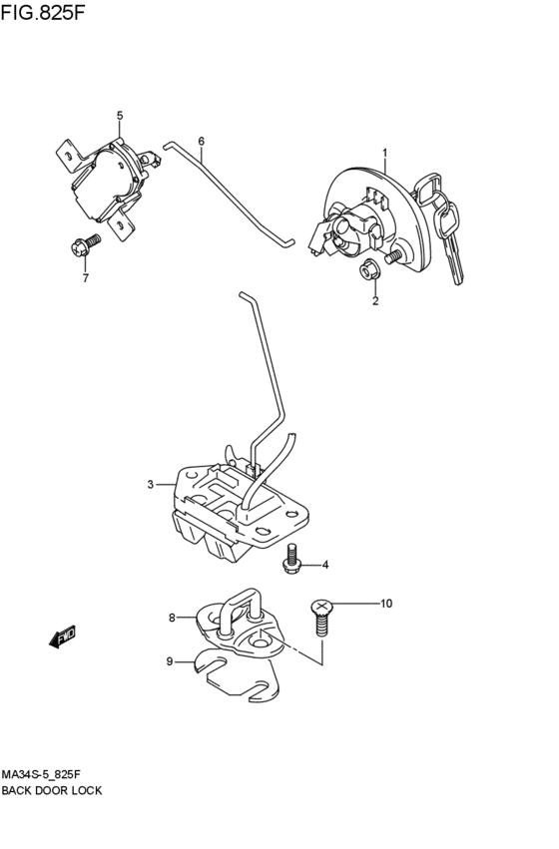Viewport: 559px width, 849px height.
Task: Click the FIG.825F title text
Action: (43, 12)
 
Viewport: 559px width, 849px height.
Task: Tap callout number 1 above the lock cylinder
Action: (385, 154)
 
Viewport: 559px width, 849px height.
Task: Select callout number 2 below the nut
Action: (375, 301)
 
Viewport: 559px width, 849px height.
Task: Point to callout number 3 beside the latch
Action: (151, 484)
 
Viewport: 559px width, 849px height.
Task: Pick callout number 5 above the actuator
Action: (120, 116)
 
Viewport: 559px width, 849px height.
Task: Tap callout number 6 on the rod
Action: (202, 142)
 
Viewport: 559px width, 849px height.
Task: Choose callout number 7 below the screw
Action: (86, 279)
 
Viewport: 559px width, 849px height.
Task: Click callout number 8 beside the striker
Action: (172, 618)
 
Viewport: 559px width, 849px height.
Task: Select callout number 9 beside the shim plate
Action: (169, 661)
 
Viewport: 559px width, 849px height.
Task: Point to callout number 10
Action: (385, 604)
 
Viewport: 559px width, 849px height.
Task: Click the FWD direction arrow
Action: (62, 637)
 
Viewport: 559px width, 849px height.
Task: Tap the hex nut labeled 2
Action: (368, 270)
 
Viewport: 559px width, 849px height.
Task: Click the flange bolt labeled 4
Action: (291, 559)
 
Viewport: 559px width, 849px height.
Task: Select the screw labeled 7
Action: (86, 244)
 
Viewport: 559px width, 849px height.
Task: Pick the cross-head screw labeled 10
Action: (321, 621)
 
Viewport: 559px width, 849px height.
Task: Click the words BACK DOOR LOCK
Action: (52, 791)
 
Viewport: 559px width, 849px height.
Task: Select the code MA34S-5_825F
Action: (42, 776)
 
